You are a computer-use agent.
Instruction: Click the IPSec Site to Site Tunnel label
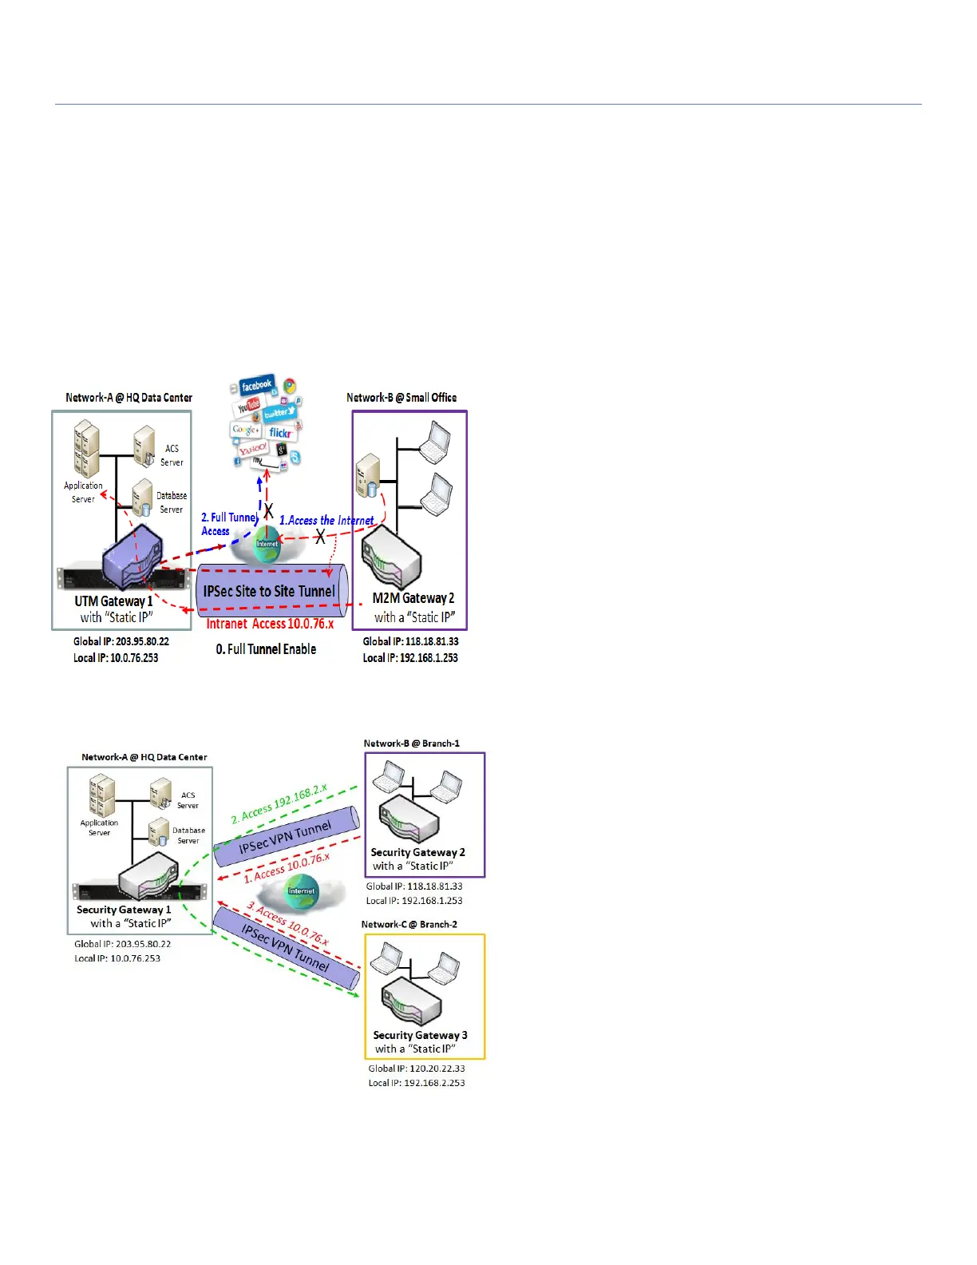coord(269,591)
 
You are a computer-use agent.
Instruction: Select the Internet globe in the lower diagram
coord(302,892)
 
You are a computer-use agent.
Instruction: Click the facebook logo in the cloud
coord(256,385)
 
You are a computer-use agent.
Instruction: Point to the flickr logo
coord(279,433)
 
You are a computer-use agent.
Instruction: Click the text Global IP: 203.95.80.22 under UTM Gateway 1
coord(121,641)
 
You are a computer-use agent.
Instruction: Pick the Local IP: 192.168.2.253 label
coord(417,1083)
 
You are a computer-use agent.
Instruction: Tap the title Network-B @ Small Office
coord(401,398)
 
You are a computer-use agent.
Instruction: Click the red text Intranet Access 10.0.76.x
coord(270,624)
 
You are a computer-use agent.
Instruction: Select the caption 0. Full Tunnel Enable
coord(266,649)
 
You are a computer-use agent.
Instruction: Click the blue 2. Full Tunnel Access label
coord(228,524)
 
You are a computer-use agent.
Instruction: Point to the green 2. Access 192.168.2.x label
coord(279,803)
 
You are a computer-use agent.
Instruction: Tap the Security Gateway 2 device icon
coord(409,818)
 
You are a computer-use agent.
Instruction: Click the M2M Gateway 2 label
coord(413,598)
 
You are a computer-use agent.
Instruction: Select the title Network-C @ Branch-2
coord(409,925)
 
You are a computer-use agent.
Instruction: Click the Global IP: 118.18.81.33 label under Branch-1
coord(414,886)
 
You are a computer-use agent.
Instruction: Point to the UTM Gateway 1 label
coord(113,601)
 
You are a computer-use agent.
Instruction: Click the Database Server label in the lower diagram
coord(188,835)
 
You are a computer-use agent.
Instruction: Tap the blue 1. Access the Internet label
coord(326,521)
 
